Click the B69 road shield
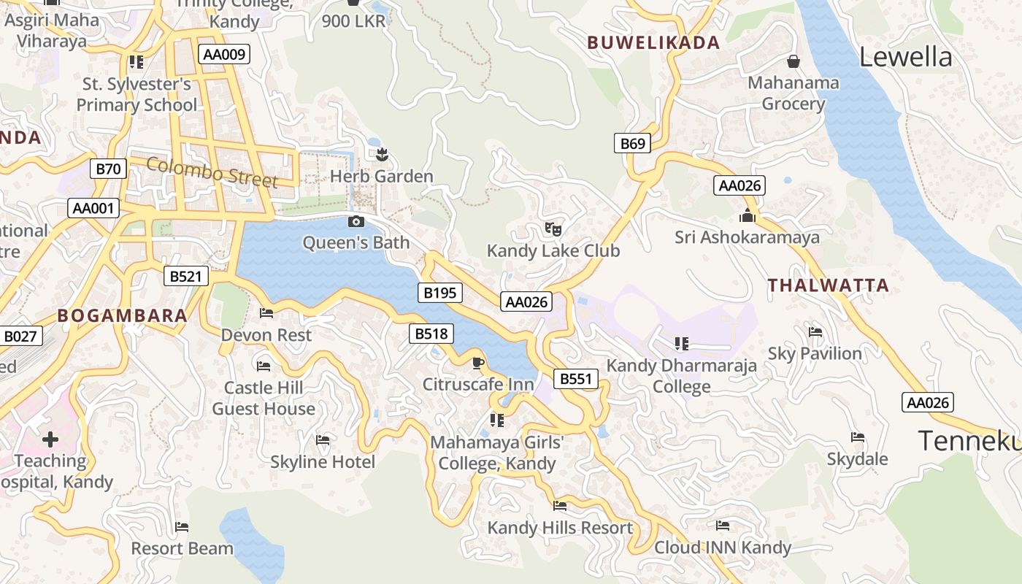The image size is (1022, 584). coord(632,144)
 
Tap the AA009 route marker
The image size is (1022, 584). coord(224,54)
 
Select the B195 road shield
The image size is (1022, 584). coord(440,293)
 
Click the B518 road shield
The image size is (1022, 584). coord(431,334)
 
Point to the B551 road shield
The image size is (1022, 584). coord(576,379)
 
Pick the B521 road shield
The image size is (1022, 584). coord(185,276)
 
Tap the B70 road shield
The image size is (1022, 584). coord(109,169)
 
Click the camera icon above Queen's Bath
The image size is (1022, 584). coord(356,222)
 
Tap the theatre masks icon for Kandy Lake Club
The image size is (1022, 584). coord(553,229)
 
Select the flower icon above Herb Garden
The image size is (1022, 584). coord(381,154)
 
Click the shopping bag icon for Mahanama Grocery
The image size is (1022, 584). coord(793,61)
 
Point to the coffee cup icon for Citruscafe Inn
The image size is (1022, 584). coord(478,363)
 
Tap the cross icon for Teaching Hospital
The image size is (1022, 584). coord(50,439)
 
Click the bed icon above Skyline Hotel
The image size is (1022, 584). coord(323,440)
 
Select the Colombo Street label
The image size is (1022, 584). coord(212,172)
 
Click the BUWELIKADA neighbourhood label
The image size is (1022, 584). coord(653,42)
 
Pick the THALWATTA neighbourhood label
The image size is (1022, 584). coord(829,285)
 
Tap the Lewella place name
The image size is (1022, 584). coord(905,57)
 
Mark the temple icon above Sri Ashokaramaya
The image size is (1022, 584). coord(747,215)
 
